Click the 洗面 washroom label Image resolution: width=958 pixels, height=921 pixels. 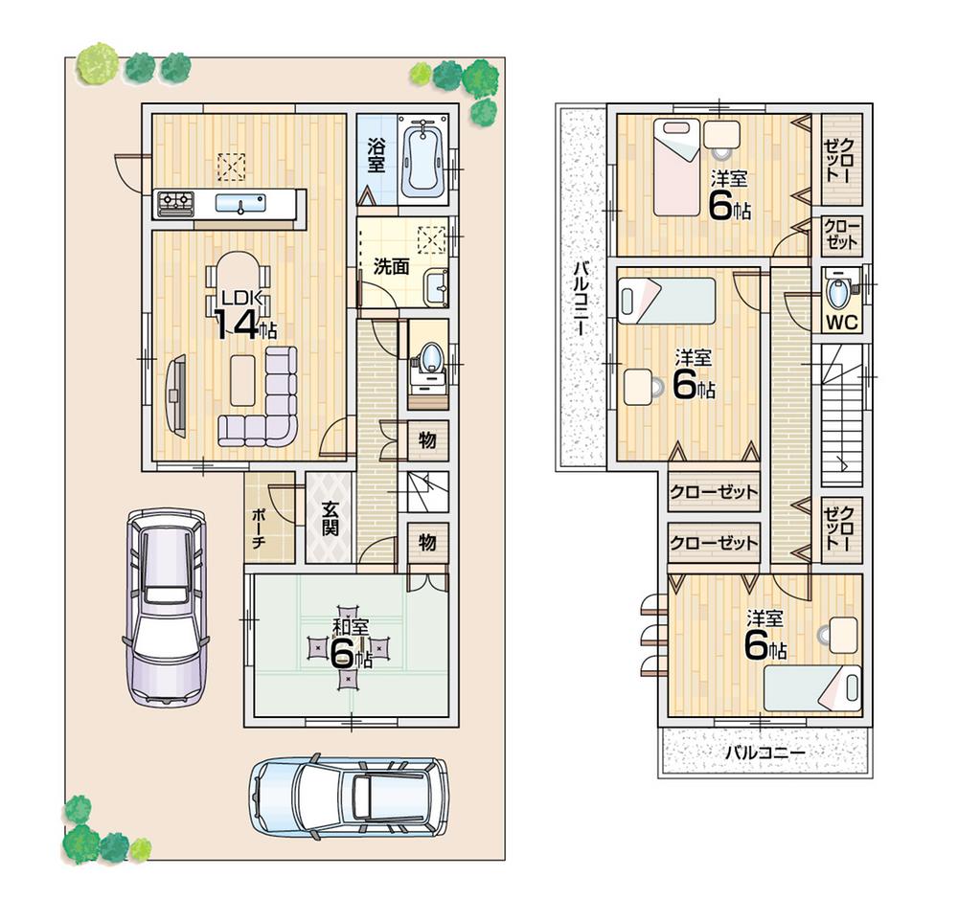click(391, 267)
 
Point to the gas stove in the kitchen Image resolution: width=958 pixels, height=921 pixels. click(175, 202)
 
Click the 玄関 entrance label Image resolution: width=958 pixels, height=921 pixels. click(330, 519)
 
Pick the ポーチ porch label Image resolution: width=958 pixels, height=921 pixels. click(259, 525)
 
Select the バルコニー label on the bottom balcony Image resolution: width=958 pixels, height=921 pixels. click(764, 753)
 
